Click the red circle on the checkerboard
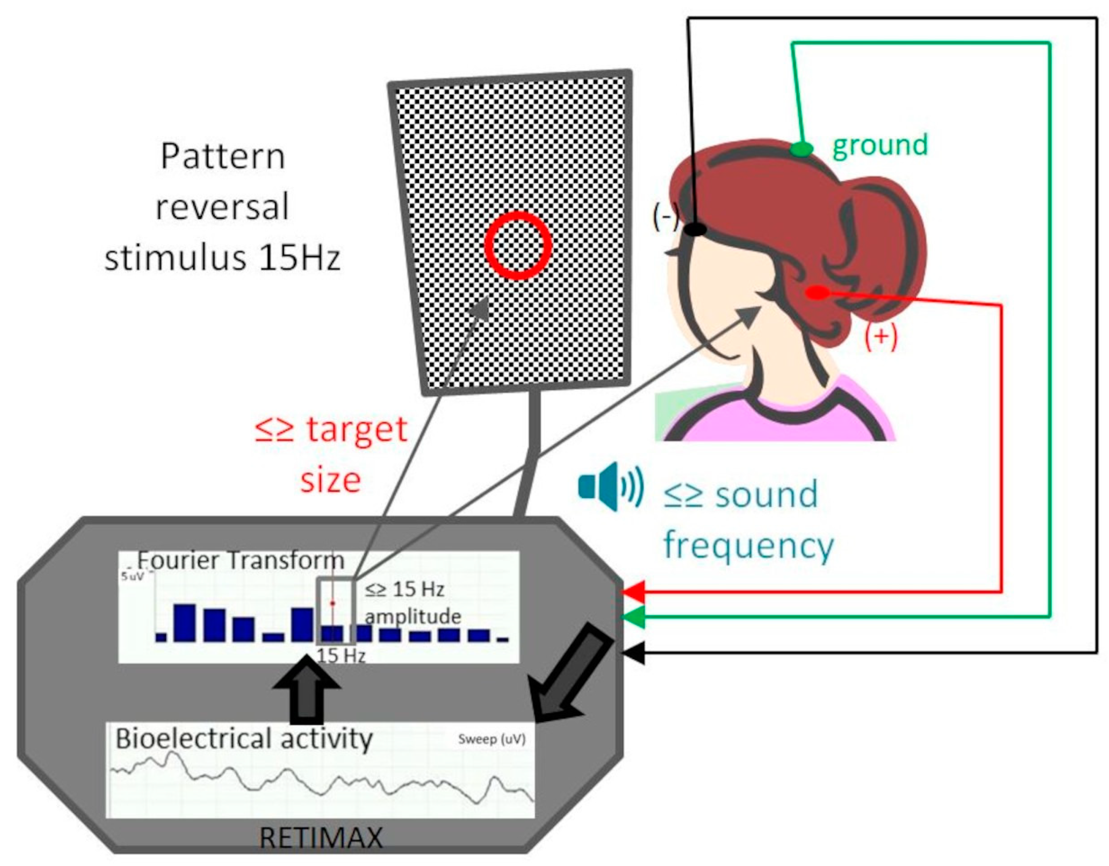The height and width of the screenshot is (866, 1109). (x=517, y=245)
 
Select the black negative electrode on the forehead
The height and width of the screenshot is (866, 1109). (x=695, y=229)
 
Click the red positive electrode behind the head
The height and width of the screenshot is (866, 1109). (x=817, y=293)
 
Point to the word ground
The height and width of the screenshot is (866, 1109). (x=880, y=146)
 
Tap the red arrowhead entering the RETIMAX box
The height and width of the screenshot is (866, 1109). (x=634, y=592)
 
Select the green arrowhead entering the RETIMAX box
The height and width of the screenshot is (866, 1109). (x=634, y=617)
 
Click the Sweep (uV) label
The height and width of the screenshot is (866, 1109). (x=491, y=739)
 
